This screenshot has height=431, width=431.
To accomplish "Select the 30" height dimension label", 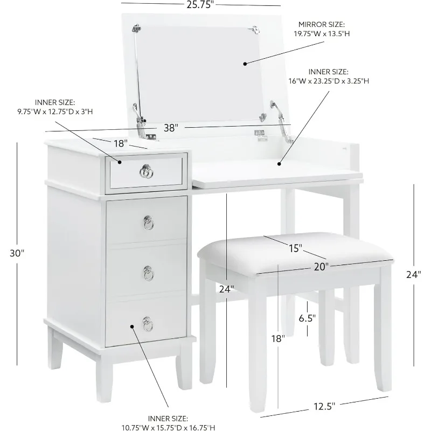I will pyautogui.click(x=17, y=253).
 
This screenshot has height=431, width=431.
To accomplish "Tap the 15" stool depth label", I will pyautogui.click(x=294, y=248).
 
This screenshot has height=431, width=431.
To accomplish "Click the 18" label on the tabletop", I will pyautogui.click(x=120, y=144).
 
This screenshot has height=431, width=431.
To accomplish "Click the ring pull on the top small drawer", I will pyautogui.click(x=146, y=171).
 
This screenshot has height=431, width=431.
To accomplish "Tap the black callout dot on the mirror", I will pyautogui.click(x=245, y=63).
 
